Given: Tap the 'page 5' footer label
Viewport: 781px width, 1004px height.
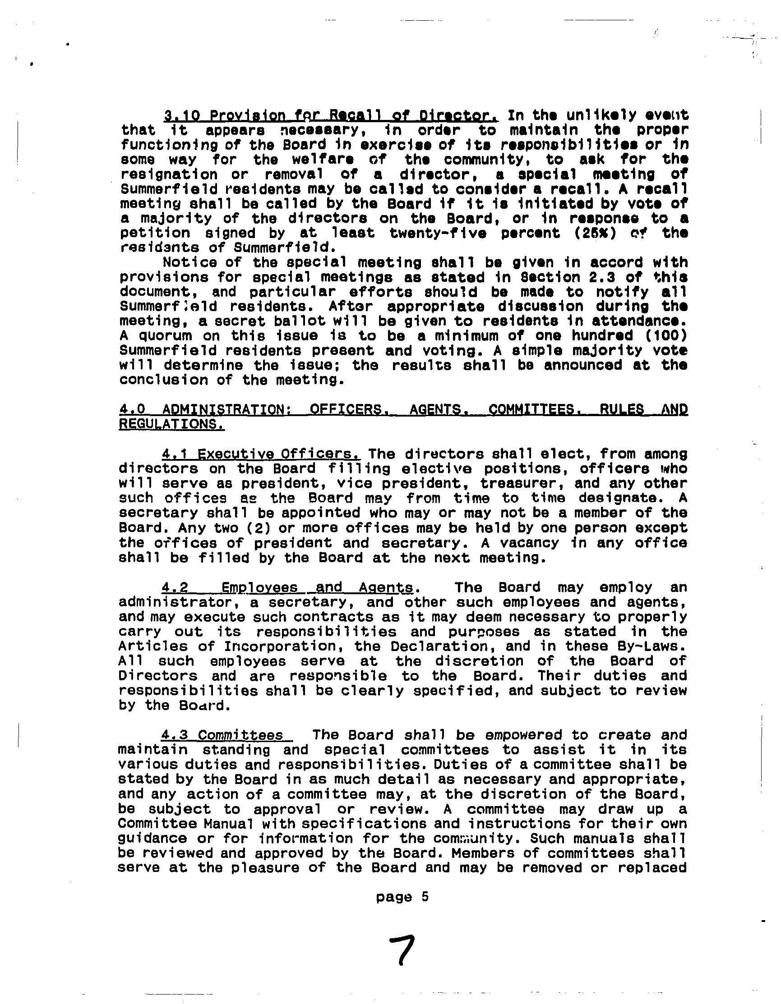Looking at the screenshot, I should click(x=402, y=896).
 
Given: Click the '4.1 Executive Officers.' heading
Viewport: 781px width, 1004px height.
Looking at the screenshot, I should click(x=261, y=454).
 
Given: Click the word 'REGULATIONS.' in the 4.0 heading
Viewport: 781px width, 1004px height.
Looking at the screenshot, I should click(x=172, y=424).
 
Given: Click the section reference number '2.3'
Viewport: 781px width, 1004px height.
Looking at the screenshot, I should click(x=602, y=277).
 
